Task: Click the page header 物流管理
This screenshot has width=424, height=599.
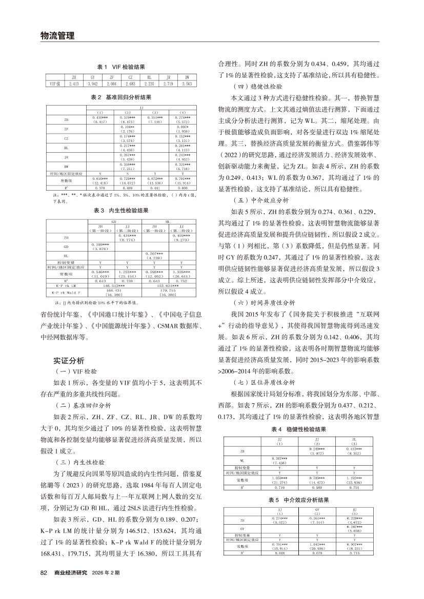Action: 57,35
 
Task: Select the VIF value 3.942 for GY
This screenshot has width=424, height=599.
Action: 93,83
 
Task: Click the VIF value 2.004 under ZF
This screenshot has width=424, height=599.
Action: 112,83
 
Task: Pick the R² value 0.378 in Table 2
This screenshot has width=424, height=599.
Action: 99,188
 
